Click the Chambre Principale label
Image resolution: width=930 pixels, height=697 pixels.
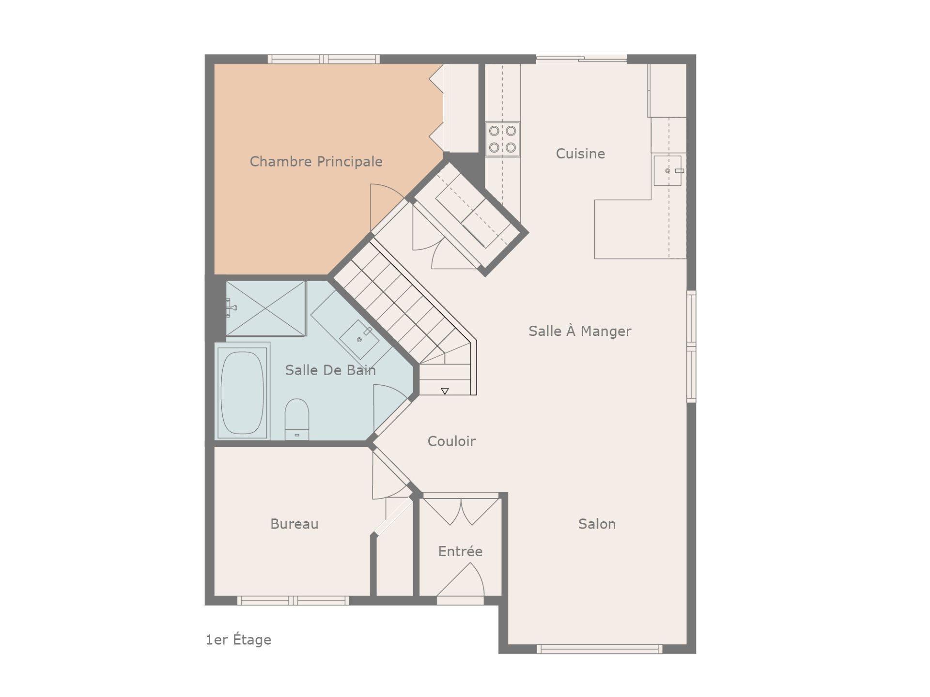tap(316, 162)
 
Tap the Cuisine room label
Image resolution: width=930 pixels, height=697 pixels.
tap(580, 154)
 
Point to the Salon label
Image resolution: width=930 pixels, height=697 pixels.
tap(597, 524)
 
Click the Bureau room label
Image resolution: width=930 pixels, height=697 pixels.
tap(294, 524)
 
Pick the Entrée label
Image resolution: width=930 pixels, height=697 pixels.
tap(460, 551)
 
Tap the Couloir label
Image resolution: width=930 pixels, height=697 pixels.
tap(451, 441)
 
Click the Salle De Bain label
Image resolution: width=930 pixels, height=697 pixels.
tap(330, 370)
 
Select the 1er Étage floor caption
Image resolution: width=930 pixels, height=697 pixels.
tap(238, 640)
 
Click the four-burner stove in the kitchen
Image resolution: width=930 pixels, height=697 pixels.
tap(503, 139)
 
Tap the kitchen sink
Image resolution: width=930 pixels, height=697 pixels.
tap(667, 171)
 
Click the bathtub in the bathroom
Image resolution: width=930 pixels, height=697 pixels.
tap(242, 393)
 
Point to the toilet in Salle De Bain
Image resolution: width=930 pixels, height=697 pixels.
tap(296, 419)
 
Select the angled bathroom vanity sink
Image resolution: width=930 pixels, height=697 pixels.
tap(359, 339)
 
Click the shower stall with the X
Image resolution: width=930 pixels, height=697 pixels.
tap(266, 308)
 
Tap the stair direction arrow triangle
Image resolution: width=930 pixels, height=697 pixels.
tap(445, 391)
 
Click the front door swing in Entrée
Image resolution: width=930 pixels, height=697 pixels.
tap(461, 581)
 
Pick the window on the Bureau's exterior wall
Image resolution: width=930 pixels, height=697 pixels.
tap(293, 601)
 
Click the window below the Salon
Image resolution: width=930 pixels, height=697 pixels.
tap(599, 649)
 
